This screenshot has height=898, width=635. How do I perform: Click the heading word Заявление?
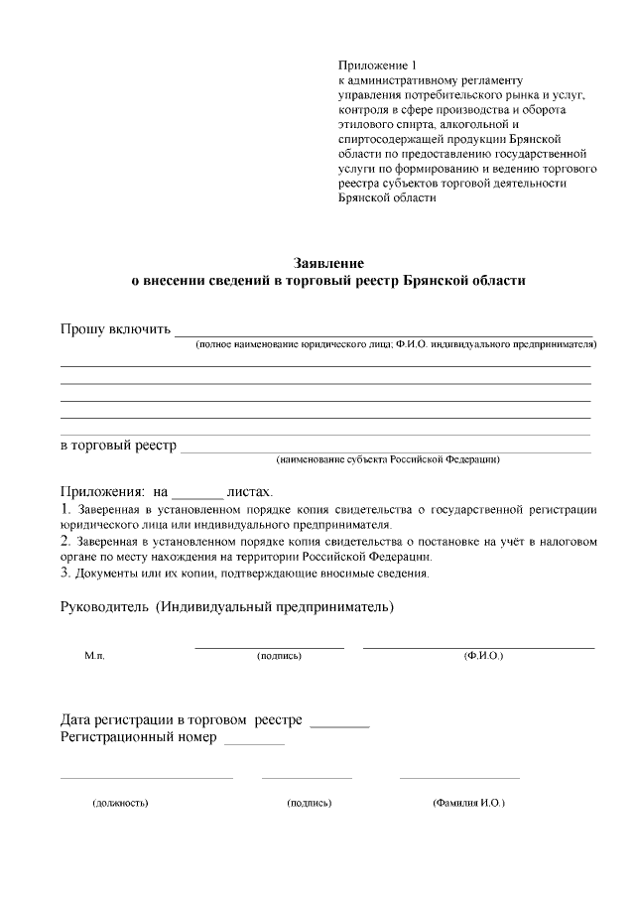point(328,264)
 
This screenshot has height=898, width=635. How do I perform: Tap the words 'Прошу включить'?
point(115,329)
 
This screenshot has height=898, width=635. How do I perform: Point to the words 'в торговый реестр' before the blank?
point(118,446)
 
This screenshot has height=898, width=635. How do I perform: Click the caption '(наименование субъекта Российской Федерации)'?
point(387,460)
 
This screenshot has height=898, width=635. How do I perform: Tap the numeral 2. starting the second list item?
point(65,542)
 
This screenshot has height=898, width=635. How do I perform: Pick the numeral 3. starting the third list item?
point(65,573)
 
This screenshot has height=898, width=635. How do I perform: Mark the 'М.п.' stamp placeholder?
point(94,657)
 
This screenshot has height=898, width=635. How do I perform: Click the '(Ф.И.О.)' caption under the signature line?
point(483,657)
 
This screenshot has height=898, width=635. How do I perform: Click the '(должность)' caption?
point(120,803)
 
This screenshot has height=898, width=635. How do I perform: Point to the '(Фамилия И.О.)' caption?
point(468,803)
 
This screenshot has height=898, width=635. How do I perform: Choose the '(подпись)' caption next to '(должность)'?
point(309,803)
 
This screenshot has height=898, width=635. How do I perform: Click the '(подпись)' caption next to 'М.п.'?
point(278,657)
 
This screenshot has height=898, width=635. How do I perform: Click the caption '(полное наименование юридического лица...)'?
point(395,345)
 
